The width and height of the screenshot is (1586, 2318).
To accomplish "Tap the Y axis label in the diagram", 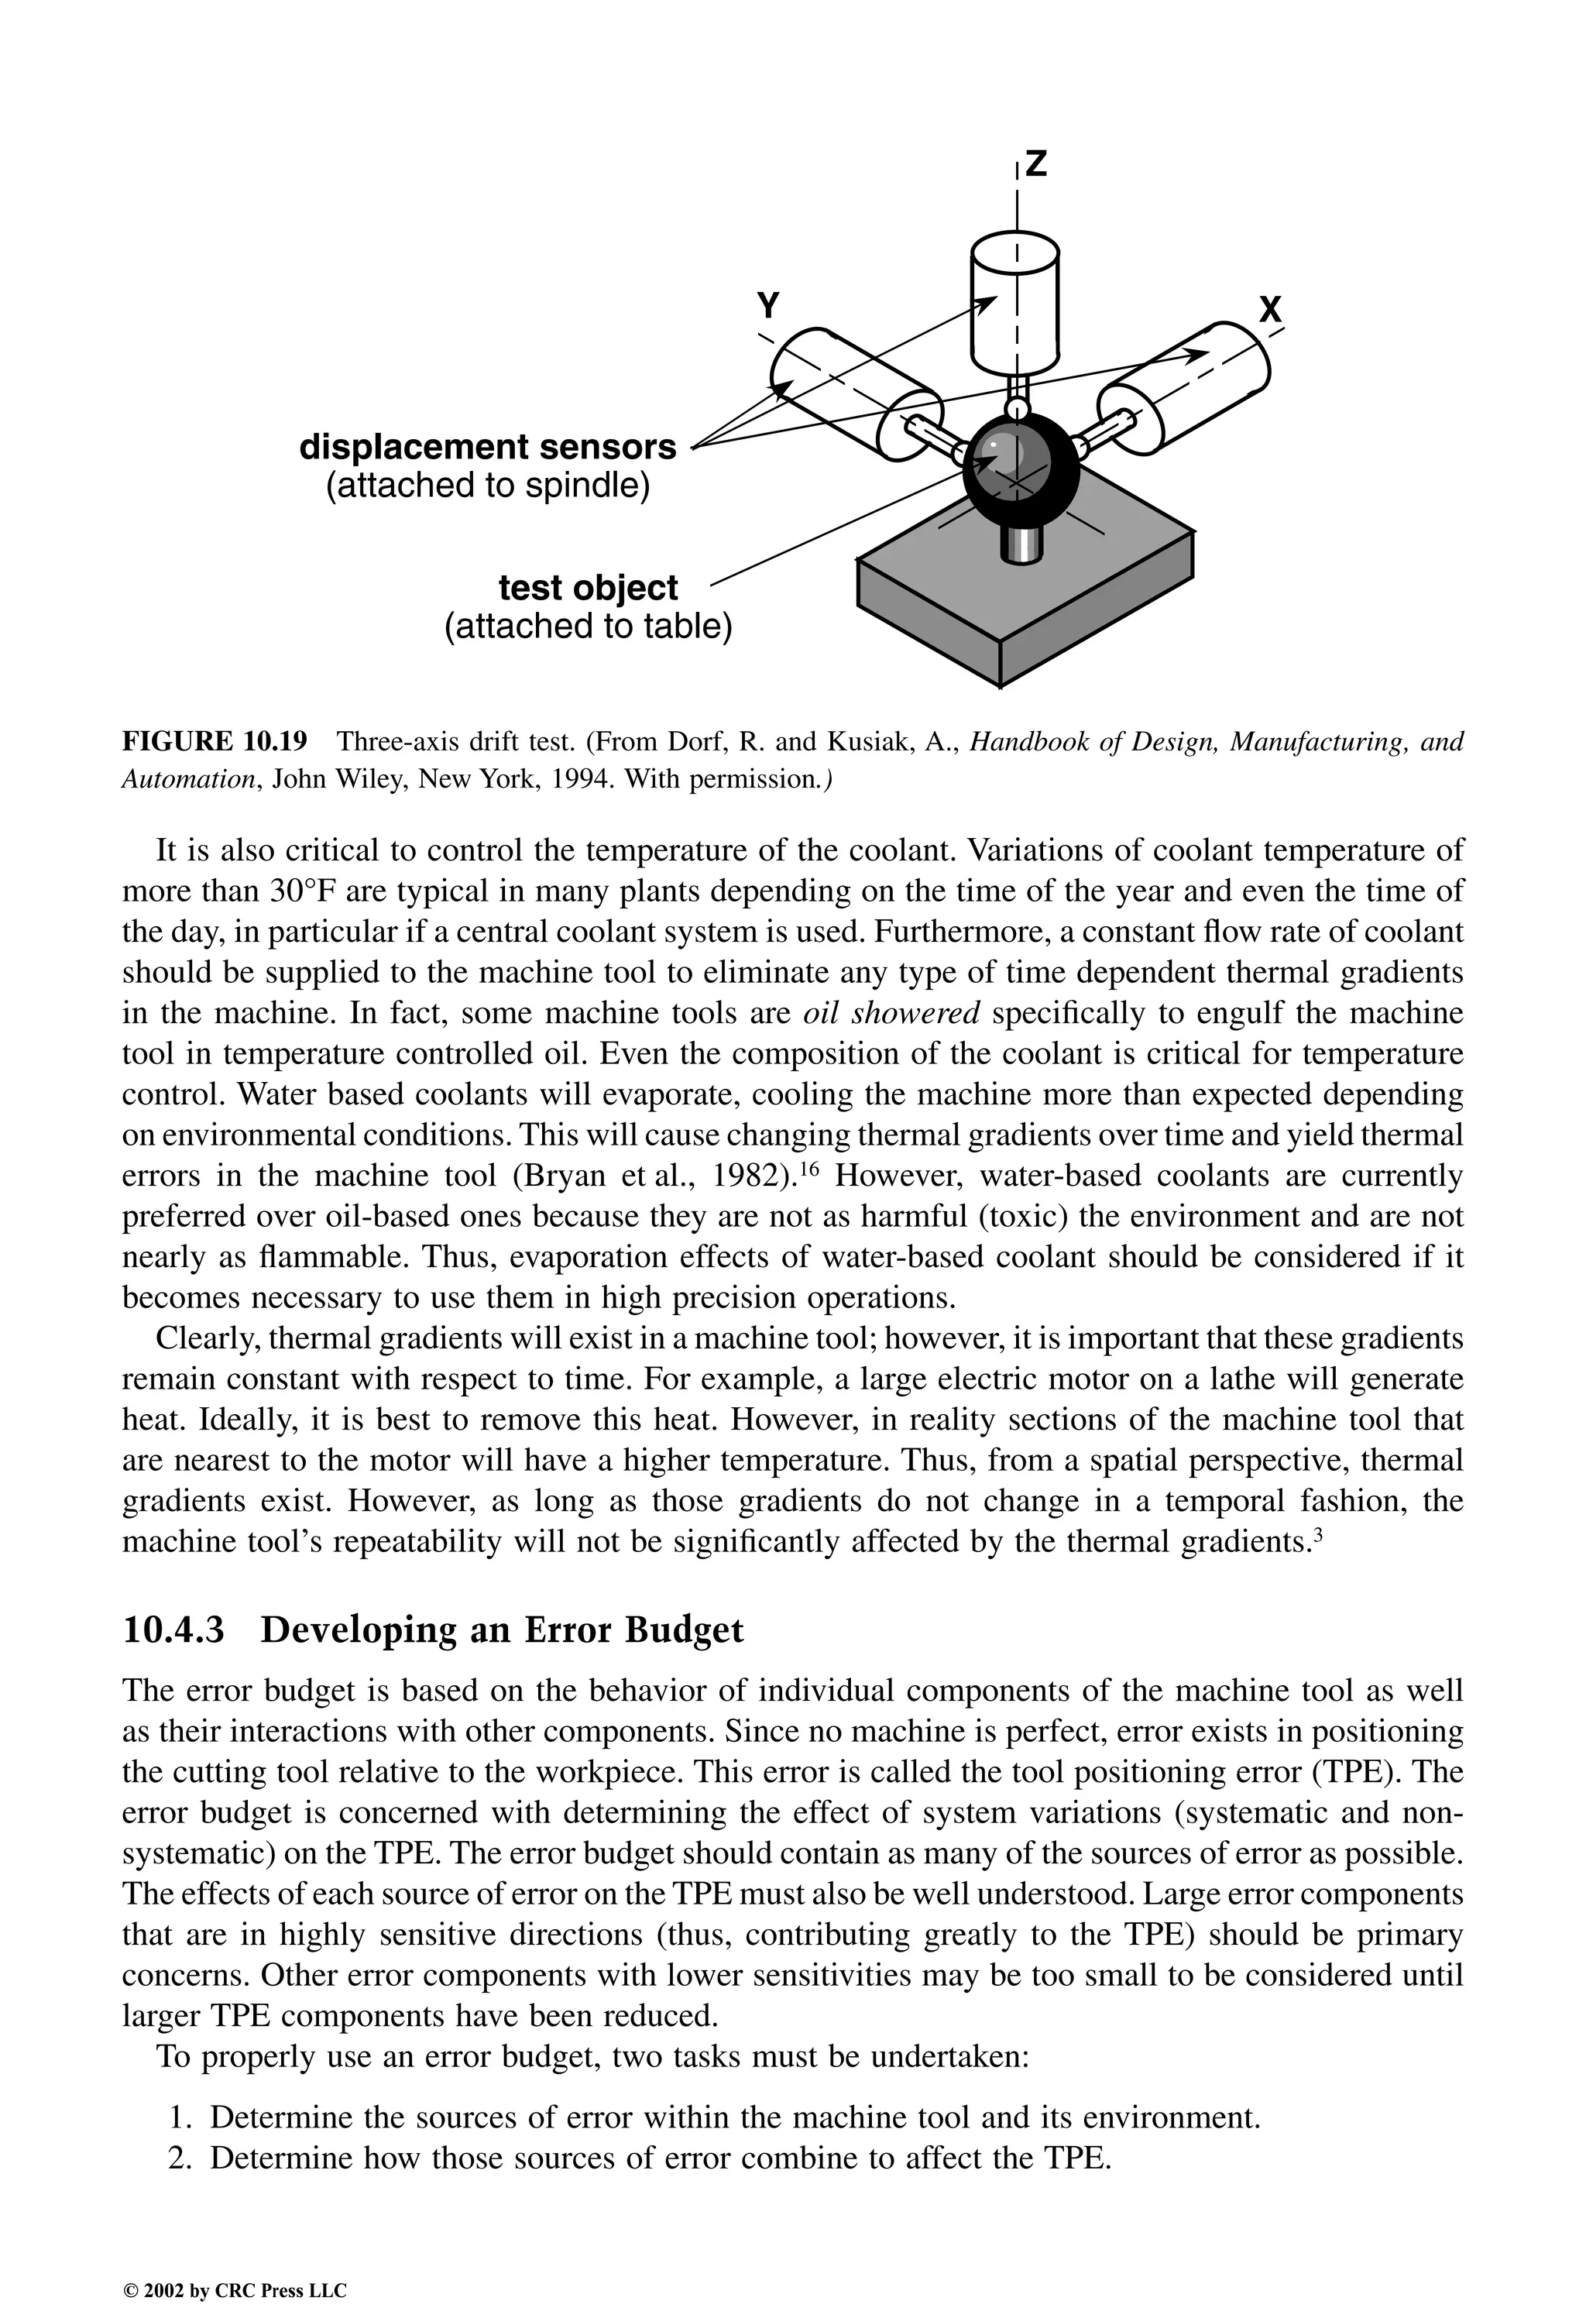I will pyautogui.click(x=768, y=304).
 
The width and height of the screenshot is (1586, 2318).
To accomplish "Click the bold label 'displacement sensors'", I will pyautogui.click(x=488, y=446).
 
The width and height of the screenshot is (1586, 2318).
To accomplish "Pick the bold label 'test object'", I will pyautogui.click(x=588, y=588).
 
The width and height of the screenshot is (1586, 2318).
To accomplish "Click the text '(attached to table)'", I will pyautogui.click(x=588, y=627).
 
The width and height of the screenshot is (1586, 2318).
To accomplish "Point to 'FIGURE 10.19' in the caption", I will pyautogui.click(x=215, y=741).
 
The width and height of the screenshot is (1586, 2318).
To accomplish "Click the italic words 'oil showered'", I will pyautogui.click(x=891, y=1013).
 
